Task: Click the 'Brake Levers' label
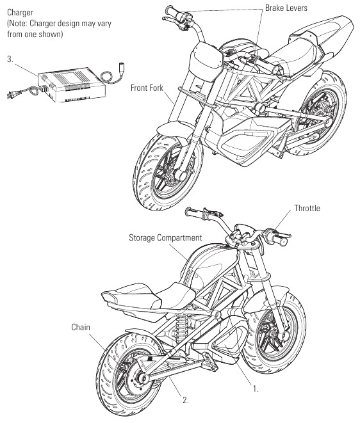[x=286, y=8]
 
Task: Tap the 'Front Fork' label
[x=147, y=88]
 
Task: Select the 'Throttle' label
[x=307, y=208]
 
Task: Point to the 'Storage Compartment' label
[x=165, y=237]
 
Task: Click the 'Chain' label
[x=81, y=327]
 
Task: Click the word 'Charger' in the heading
[x=20, y=13]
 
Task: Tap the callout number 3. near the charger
[x=10, y=59]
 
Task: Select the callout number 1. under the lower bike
[x=255, y=388]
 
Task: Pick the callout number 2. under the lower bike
[x=185, y=400]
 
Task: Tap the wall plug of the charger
[x=10, y=95]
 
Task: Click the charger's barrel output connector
[x=120, y=68]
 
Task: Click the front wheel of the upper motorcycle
[x=167, y=170]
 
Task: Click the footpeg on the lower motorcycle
[x=211, y=360]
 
